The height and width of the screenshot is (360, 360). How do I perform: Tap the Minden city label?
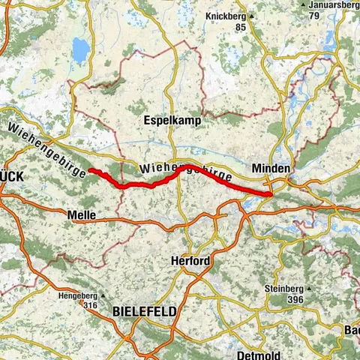coord(270,169)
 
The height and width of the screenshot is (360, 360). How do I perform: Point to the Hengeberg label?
coord(78,295)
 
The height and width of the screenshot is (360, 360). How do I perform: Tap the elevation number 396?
coord(294,300)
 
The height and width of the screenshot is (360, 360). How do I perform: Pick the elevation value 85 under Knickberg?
coord(240,28)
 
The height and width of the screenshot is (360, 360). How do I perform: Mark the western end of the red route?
coord(91,170)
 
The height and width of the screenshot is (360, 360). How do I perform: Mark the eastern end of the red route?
coord(268,195)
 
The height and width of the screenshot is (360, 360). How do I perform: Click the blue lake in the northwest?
coord(79,50)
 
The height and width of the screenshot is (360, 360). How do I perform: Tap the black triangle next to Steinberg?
coord(307,289)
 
